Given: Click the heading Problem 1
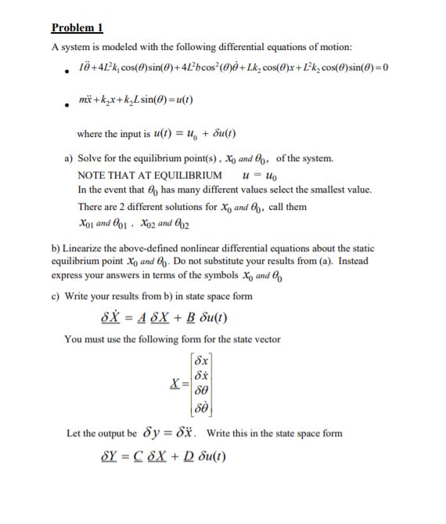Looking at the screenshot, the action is point(77,28).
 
